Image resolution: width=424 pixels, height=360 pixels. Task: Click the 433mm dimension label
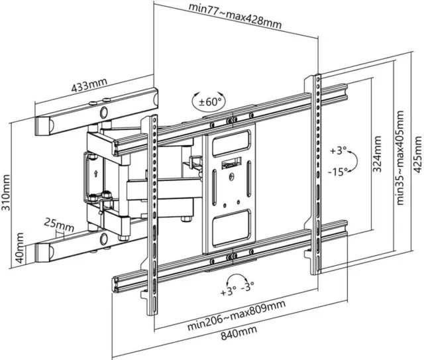[x=89, y=84]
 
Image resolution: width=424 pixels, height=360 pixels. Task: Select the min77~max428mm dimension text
[x=235, y=15]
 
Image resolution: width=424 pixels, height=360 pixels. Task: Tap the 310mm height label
[x=5, y=192]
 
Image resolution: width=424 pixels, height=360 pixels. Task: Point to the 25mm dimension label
[x=59, y=225]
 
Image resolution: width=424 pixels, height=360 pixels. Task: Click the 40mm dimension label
[x=19, y=248]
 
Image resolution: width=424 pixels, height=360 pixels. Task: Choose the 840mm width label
[x=238, y=332]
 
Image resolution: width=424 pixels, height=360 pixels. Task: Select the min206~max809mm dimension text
[x=237, y=315]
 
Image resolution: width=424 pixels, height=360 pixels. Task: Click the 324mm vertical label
[x=377, y=154]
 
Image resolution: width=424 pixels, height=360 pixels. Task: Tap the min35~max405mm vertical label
[x=400, y=158]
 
